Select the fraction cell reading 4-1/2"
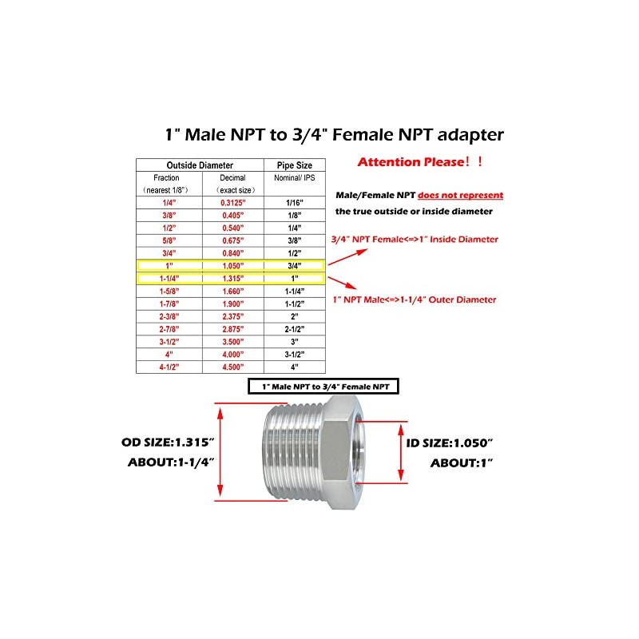click(x=168, y=367)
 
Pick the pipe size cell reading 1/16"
click(x=295, y=203)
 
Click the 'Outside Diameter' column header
click(x=200, y=165)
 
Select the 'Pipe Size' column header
click(x=295, y=165)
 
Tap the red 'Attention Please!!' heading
click(x=420, y=162)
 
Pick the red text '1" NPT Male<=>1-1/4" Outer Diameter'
click(x=414, y=300)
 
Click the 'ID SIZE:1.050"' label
click(x=450, y=442)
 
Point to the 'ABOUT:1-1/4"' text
click(x=172, y=462)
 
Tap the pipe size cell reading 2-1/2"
click(x=295, y=328)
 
